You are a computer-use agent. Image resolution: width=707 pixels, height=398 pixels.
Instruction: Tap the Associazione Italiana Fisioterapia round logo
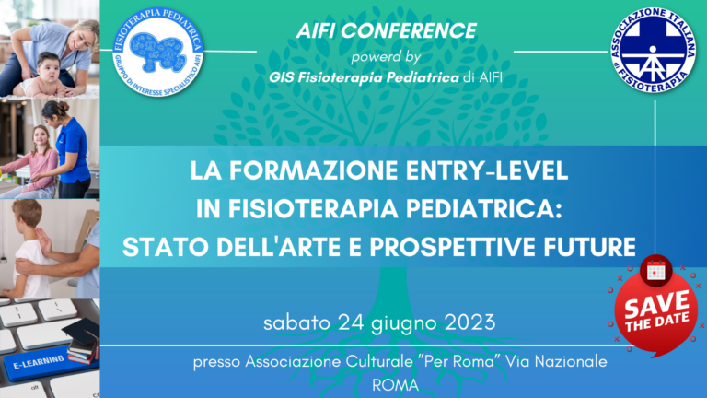[x=655, y=50]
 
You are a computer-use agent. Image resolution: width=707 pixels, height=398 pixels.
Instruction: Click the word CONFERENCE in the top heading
[x=426, y=31]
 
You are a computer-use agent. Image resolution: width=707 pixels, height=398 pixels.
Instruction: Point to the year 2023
[x=468, y=323]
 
